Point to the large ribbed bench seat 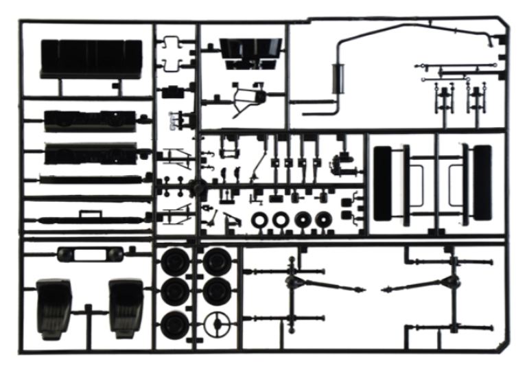click(91, 58)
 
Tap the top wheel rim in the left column click(175, 262)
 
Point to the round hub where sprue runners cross click(196, 187)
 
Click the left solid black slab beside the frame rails click(388, 181)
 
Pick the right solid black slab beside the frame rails click(480, 181)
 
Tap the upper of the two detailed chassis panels click(89, 119)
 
